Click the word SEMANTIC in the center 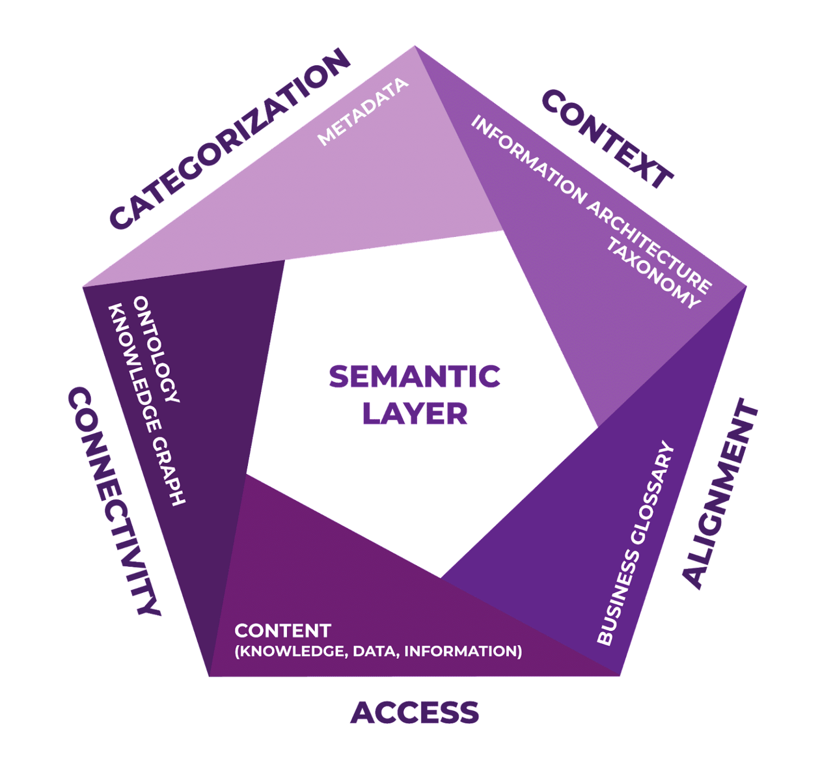point(414,377)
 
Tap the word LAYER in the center point(415,414)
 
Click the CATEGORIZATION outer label point(229,139)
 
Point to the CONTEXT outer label point(607,140)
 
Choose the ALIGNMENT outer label point(720,493)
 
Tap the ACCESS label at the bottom point(415,712)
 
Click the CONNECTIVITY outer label point(114,502)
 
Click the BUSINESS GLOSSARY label point(635,544)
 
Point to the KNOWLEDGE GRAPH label point(147,405)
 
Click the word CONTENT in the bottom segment point(283,630)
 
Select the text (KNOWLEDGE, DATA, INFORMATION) point(378,651)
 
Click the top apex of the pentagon point(414,47)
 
